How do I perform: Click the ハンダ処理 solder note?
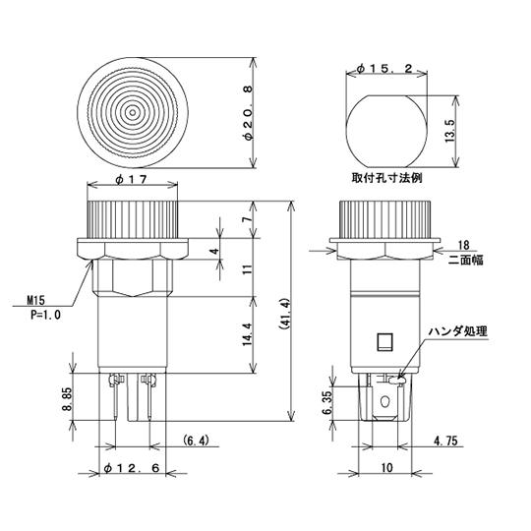460,331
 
